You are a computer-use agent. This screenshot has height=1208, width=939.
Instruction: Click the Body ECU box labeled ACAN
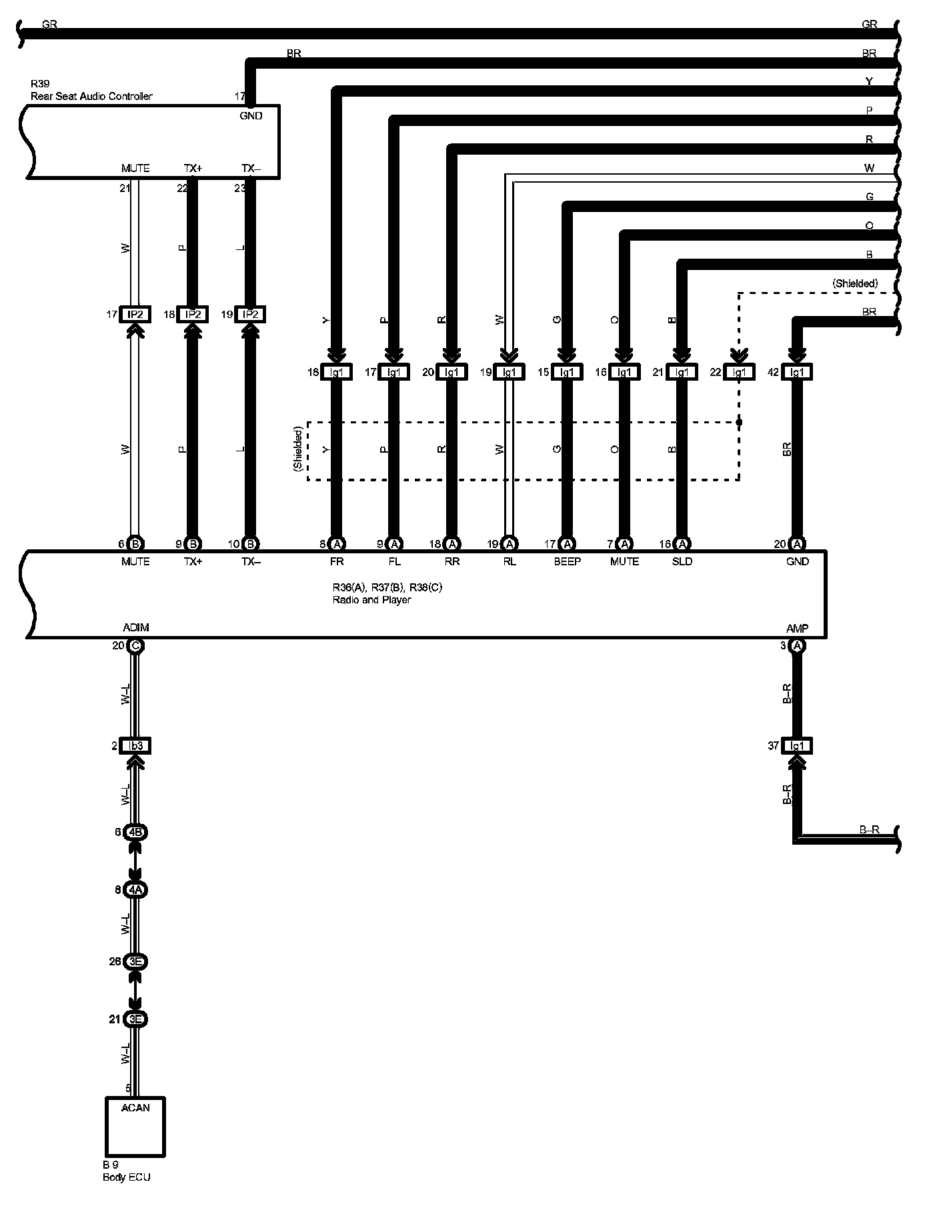[135, 1126]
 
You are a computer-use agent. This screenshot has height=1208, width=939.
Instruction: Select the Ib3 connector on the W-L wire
[135, 746]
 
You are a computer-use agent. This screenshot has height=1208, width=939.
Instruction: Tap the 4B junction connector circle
[135, 832]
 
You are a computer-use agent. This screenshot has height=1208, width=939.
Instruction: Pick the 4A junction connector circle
[135, 889]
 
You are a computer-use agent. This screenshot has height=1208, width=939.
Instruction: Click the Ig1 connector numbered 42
[797, 372]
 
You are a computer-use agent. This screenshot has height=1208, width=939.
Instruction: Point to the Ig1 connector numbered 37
[797, 746]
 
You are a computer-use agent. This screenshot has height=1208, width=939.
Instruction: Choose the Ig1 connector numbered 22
[739, 372]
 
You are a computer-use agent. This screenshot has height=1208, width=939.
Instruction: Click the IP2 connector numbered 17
[135, 314]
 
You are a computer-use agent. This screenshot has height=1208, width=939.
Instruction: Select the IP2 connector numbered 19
[250, 314]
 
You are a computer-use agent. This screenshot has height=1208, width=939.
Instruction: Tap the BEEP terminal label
[567, 561]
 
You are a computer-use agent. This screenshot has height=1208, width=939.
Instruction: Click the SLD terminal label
[682, 561]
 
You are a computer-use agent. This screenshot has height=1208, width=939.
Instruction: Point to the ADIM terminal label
[136, 627]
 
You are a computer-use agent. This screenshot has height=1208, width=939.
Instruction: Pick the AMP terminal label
[797, 628]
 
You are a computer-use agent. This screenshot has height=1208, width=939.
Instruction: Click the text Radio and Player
[371, 599]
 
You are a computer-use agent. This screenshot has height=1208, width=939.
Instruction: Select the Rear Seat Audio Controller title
[91, 96]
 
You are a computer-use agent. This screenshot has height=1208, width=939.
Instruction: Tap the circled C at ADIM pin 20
[135, 645]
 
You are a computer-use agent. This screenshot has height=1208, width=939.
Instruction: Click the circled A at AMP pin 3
[797, 645]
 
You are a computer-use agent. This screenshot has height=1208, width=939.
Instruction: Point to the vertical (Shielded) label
[298, 450]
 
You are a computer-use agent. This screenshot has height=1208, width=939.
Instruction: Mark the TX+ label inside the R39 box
[193, 168]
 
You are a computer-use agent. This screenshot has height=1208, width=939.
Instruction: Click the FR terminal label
[337, 561]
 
